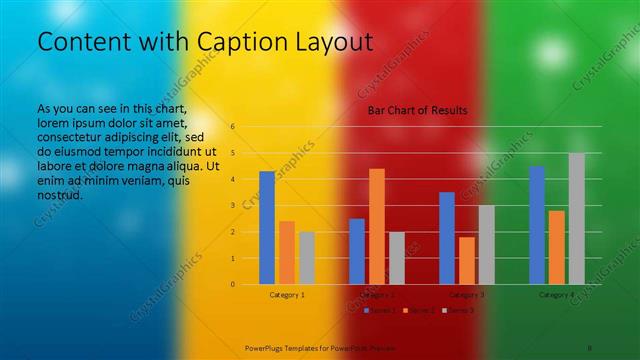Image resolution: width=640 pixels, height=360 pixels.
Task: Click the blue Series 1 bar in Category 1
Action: click(x=267, y=228)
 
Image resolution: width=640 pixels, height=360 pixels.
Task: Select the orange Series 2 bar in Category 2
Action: click(x=377, y=226)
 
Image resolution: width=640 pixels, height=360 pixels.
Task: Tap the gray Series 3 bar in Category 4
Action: click(x=577, y=218)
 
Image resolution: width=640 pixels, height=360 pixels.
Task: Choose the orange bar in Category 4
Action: click(x=557, y=247)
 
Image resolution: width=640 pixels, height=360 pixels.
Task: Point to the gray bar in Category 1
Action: click(x=307, y=258)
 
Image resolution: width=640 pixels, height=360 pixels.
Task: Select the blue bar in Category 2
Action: click(x=357, y=251)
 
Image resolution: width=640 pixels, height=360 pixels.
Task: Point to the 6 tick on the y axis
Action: click(x=232, y=127)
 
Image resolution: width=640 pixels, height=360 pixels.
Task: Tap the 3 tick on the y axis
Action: click(x=232, y=206)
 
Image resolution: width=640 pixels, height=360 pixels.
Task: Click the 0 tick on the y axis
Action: click(x=232, y=284)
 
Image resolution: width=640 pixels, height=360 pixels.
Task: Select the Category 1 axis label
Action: click(x=287, y=295)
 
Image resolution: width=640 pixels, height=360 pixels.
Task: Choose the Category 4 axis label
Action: click(x=557, y=295)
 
